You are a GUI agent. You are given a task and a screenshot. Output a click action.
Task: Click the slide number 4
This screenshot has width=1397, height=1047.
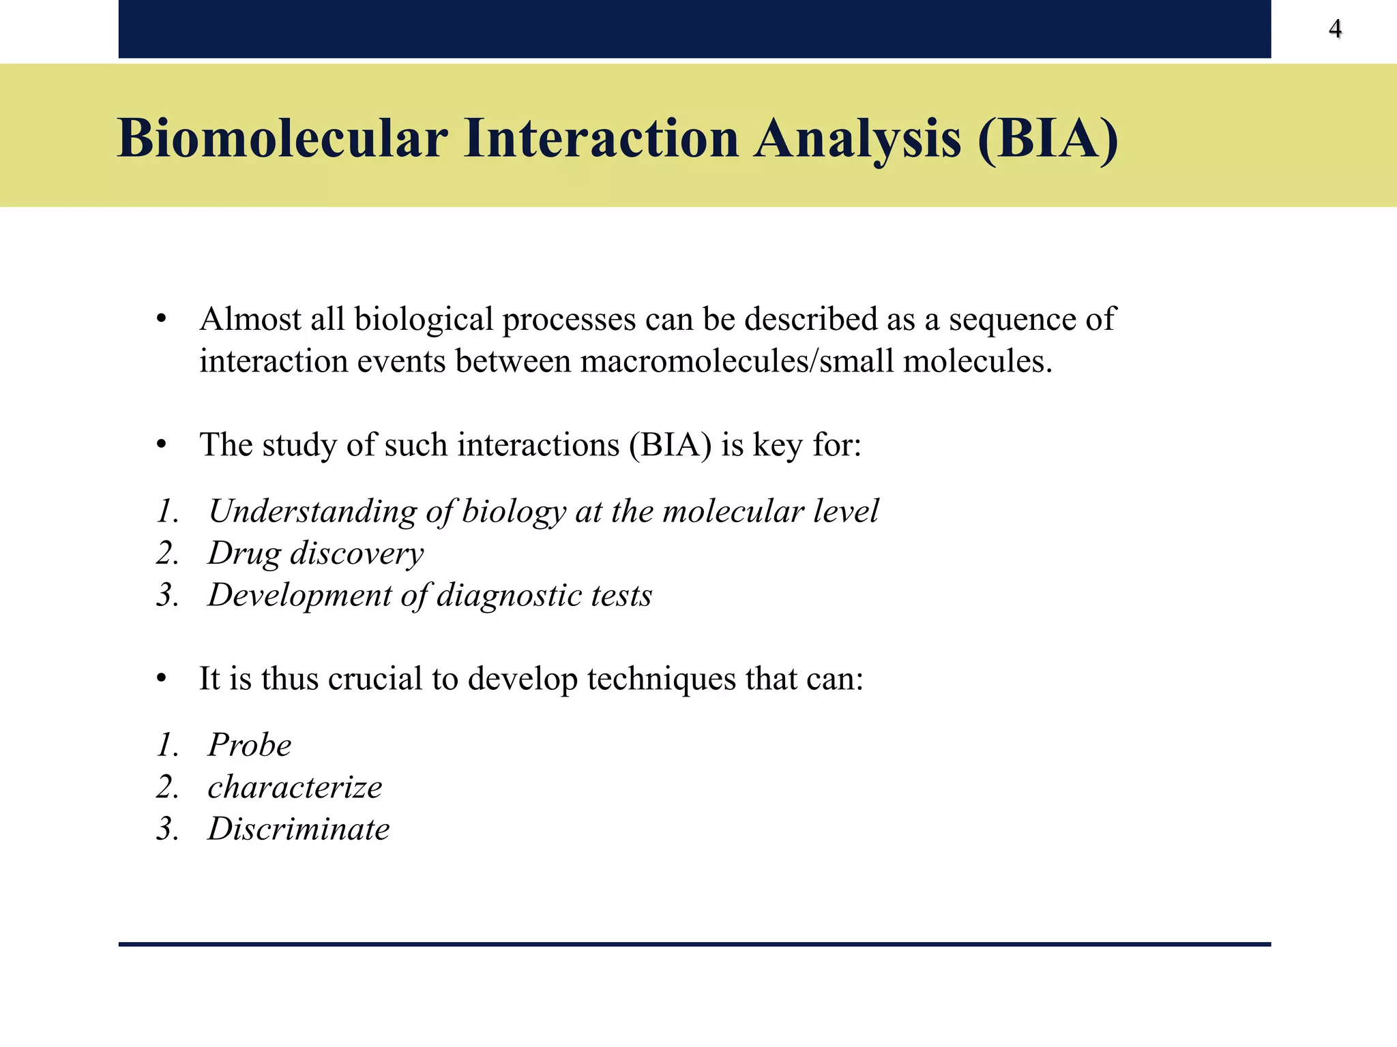click(x=1335, y=29)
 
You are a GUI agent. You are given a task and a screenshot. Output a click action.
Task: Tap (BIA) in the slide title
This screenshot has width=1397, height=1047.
click(x=1048, y=139)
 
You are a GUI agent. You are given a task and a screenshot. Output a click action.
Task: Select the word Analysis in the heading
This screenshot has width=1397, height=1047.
click(x=857, y=139)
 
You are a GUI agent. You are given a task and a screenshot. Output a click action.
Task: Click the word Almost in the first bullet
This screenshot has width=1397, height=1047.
click(x=250, y=319)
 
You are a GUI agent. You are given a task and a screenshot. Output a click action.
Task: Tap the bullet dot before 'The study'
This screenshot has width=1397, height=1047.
click(x=161, y=446)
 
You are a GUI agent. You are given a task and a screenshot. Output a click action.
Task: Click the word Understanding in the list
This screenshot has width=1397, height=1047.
click(x=312, y=512)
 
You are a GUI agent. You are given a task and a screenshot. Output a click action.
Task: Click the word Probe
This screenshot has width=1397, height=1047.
click(x=250, y=745)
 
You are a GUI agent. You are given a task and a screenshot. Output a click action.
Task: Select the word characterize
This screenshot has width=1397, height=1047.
click(x=295, y=788)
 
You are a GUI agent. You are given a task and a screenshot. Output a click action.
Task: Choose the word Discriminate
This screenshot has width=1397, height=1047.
click(x=299, y=830)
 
